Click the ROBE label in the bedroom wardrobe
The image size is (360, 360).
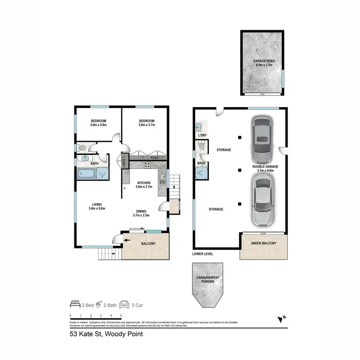coord(155,157)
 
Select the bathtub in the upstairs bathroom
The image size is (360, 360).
coord(86,173)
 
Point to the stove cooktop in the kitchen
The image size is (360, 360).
coord(147,166)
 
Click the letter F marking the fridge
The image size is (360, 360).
coord(125,189)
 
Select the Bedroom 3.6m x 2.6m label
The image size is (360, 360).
coord(98,123)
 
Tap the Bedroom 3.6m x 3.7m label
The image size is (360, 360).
coord(146,123)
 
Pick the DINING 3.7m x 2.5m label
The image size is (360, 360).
coord(141,213)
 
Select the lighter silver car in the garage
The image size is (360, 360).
coord(262,201)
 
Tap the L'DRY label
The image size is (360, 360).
coord(202,136)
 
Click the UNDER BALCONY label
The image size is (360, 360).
coord(264,244)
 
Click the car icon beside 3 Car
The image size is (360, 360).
coord(124,304)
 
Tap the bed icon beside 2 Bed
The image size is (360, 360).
coord(74,304)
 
